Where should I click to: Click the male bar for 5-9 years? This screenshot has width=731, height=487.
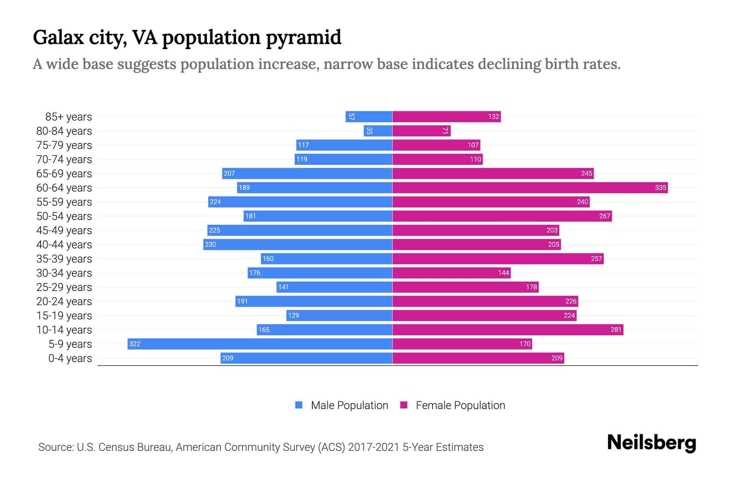(260, 344)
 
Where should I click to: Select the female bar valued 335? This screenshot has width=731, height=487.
(530, 187)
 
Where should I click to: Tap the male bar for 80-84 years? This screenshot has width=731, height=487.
(378, 131)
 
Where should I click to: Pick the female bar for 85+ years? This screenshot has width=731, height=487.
(446, 116)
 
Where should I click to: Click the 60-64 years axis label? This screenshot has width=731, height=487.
(64, 188)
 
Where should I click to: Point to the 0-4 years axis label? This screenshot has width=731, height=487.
(70, 358)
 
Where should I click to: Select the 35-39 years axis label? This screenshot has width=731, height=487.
(64, 259)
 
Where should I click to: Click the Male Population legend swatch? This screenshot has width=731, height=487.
(299, 405)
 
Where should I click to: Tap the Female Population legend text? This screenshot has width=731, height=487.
(460, 405)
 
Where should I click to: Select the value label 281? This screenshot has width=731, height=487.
(616, 330)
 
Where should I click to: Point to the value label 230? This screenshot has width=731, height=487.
(210, 244)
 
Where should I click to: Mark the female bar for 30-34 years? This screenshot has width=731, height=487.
(451, 273)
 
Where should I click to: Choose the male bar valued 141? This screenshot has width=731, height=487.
(334, 287)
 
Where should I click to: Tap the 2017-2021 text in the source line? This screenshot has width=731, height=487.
(373, 447)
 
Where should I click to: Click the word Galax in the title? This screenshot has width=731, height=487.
(58, 38)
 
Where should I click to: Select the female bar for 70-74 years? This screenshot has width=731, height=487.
(437, 159)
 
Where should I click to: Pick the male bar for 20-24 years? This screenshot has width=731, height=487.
(314, 301)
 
